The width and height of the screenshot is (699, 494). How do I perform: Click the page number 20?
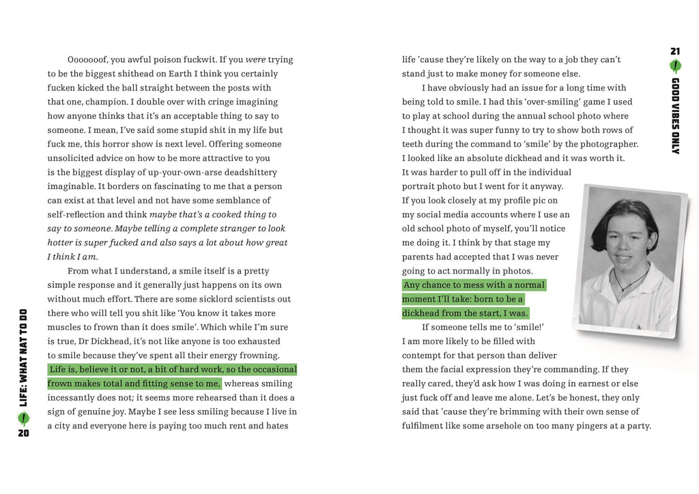tap(24, 433)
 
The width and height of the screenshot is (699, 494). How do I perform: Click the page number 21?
tap(675, 51)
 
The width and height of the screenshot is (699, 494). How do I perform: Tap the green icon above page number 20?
tap(24, 418)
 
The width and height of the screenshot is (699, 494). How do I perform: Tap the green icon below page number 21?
tap(675, 66)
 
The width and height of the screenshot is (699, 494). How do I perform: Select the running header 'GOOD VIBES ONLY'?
tap(675, 115)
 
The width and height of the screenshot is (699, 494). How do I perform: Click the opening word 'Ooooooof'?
tap(90, 60)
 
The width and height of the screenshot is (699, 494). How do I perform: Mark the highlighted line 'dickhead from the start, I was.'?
tap(465, 314)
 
